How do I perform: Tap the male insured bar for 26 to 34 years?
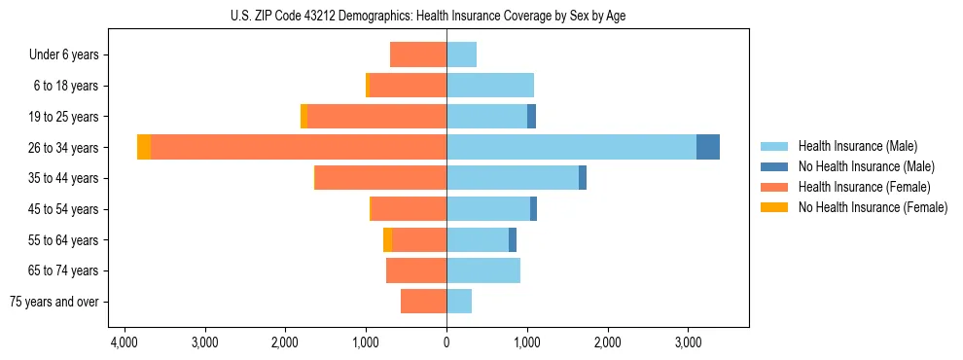tap(571, 147)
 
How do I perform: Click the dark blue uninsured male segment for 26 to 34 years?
tap(708, 147)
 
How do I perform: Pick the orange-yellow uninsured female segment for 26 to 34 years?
tap(144, 147)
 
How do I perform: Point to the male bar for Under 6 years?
tap(461, 54)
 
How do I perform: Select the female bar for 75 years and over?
tap(423, 302)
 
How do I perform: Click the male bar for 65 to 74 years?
tap(483, 270)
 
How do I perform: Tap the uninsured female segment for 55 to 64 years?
tap(388, 239)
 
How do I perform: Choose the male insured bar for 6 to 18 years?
tap(490, 86)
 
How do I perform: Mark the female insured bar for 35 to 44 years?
tap(380, 178)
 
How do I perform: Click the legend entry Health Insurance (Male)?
tap(857, 146)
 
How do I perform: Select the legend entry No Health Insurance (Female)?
tap(873, 207)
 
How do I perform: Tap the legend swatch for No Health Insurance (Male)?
tap(774, 166)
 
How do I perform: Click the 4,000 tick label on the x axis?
tap(124, 342)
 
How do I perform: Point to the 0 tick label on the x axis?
tap(446, 342)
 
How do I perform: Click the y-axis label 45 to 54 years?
tap(65, 209)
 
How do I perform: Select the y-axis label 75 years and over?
tap(54, 302)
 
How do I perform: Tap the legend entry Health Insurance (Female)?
tap(865, 187)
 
